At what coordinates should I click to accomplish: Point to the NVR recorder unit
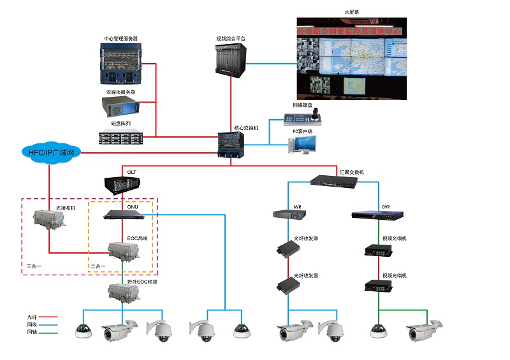coord(289,215)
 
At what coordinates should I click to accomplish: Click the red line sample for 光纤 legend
coord(49,316)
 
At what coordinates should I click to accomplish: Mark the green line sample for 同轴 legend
coord(49,331)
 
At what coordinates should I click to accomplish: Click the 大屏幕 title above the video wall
coord(352,13)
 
